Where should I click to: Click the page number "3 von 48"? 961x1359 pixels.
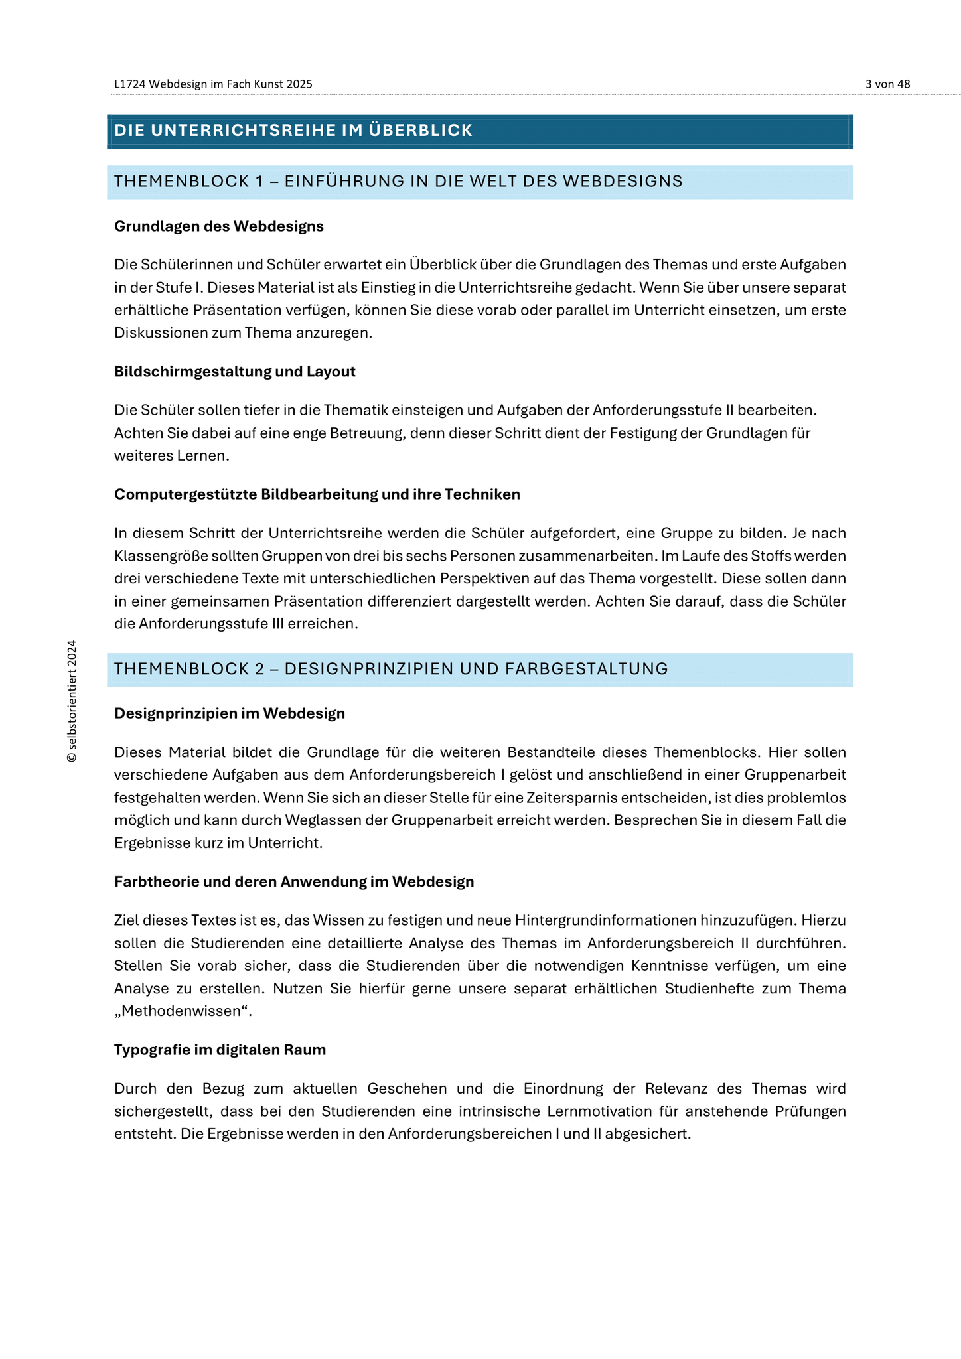click(887, 84)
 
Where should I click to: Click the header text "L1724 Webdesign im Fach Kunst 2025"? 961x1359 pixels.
click(213, 84)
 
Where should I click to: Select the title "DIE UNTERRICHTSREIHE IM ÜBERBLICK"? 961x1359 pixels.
click(293, 131)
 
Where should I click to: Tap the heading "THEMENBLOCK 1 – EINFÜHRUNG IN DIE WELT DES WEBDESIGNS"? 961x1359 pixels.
click(398, 181)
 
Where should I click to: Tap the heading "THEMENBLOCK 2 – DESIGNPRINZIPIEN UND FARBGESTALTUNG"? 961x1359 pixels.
click(391, 669)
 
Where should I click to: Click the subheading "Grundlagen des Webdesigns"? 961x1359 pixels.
click(219, 226)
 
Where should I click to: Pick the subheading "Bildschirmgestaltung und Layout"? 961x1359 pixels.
click(235, 372)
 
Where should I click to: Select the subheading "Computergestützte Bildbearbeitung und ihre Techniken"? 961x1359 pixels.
click(317, 494)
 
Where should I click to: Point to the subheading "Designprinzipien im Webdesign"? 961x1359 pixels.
click(230, 713)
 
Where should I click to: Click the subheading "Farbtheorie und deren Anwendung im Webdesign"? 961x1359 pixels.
click(294, 882)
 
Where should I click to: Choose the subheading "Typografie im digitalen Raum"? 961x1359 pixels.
click(220, 1050)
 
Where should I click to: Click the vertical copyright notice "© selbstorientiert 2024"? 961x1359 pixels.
click(72, 701)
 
